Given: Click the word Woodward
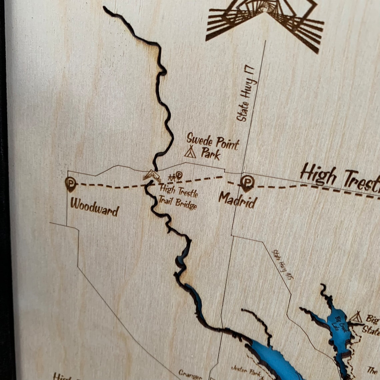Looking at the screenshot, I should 94,207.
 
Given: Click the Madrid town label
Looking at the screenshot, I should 238,200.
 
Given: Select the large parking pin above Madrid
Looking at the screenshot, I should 247,182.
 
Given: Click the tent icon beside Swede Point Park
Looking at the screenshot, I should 190,152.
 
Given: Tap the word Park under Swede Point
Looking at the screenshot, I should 210,154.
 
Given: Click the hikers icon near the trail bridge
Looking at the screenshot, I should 172,178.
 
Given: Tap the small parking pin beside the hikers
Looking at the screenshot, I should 179,175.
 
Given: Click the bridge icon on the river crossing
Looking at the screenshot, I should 152,175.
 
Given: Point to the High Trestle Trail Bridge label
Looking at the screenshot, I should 178,197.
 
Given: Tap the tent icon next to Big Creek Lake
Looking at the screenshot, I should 356,317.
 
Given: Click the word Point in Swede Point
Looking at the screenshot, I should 226,143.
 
